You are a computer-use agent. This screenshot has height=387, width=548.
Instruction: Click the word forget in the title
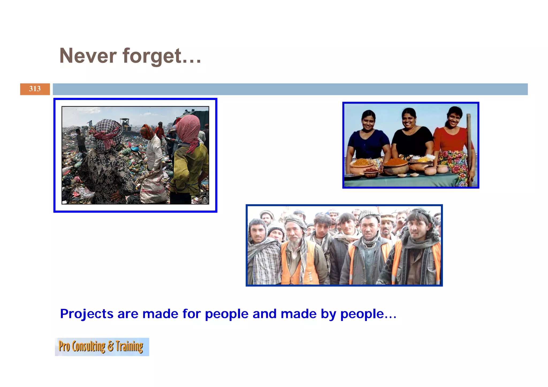pos(152,56)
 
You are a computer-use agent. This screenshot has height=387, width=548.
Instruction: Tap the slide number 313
pos(35,89)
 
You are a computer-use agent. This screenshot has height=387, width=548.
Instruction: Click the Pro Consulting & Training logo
pos(102,347)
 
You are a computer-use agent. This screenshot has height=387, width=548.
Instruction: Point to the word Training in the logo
pos(130,346)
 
